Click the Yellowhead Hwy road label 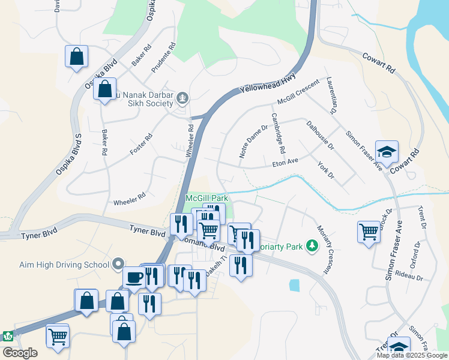(268, 80)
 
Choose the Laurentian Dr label (331, 95)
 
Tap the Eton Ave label (285, 162)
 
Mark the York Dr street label (325, 173)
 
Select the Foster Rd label (141, 145)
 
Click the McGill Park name (207, 197)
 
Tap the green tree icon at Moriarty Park (312, 245)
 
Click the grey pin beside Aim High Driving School (118, 264)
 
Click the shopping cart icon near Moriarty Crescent (368, 231)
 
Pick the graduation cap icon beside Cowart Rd (387, 151)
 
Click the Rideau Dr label (410, 278)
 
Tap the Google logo (20, 353)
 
